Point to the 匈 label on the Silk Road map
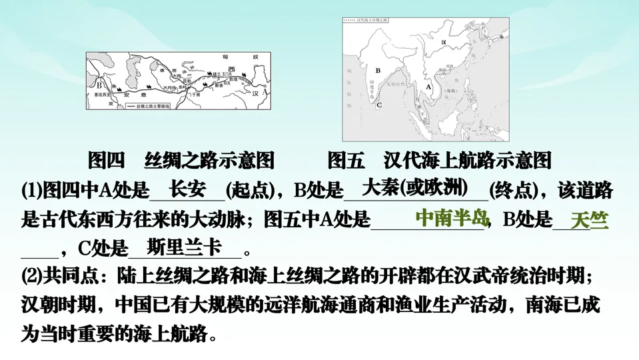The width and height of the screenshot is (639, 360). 225,57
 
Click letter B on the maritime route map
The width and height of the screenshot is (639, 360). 378,69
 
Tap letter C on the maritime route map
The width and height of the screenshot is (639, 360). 378,105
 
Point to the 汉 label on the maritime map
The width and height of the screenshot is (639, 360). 443,42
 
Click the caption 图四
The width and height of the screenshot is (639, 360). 107,161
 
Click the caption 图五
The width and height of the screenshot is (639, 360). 346,161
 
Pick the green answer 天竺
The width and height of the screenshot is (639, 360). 590,220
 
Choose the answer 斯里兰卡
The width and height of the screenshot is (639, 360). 184,247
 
